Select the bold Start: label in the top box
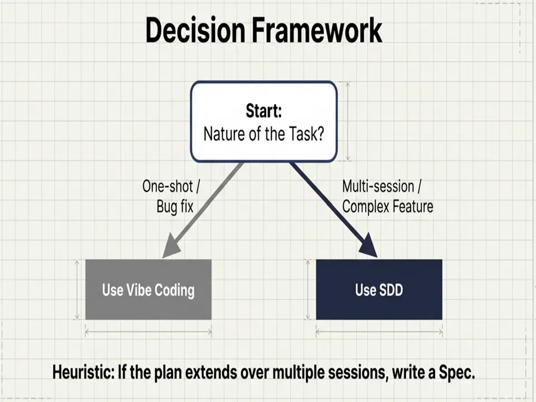pos(264,111)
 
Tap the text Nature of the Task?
pos(264,135)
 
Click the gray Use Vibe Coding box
pos(148,290)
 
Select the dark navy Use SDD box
pos(379,290)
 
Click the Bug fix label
pos(175,207)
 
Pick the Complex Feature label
pos(387,207)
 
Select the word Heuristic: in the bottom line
pos(83,372)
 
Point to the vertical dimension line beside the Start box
pos(348,121)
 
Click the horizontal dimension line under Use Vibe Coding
pos(148,332)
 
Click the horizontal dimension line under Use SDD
pos(379,332)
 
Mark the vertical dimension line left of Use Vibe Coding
pos(77,290)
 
